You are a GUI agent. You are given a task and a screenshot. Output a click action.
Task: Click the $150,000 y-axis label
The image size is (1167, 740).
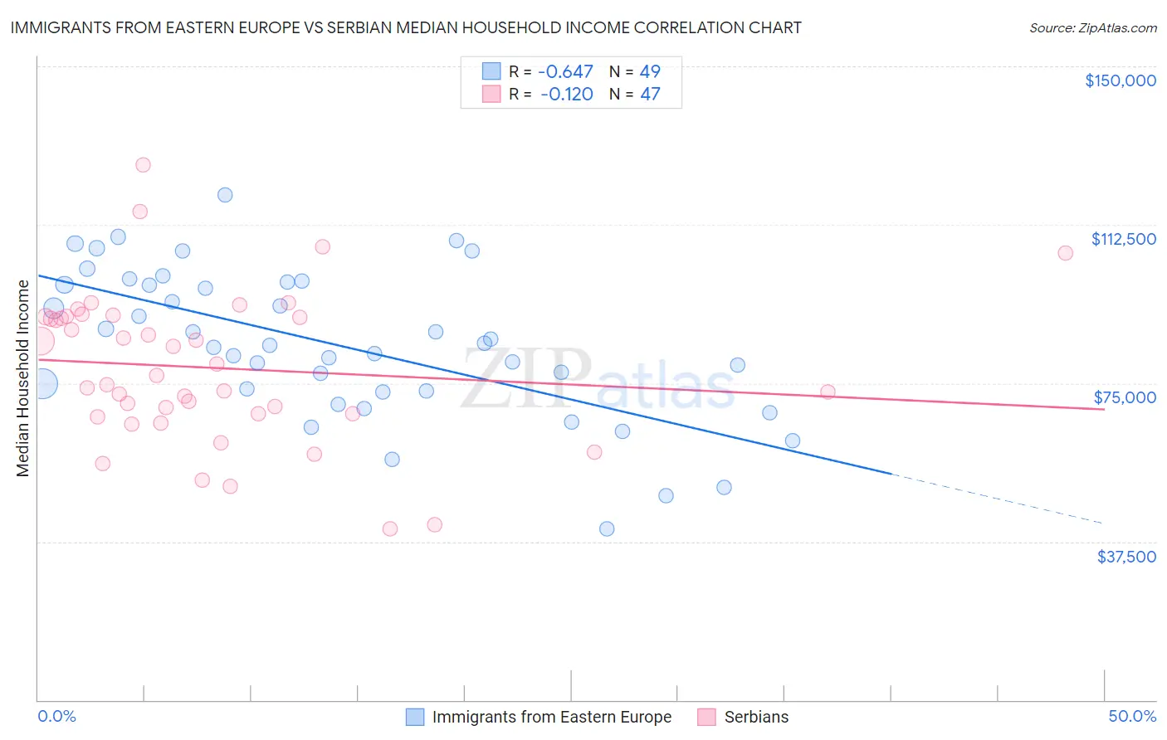pos(1120,80)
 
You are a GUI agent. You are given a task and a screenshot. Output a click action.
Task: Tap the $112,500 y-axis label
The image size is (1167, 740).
pos(1123,239)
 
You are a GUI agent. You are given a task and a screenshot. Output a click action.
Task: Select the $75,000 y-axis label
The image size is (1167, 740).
pos(1125,397)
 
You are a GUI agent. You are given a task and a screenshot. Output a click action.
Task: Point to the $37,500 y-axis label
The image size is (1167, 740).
pos(1126,557)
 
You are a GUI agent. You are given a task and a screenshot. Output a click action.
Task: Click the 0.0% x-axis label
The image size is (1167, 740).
pos(56,717)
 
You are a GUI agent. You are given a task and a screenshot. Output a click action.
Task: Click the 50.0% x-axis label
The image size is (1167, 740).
pos(1132,717)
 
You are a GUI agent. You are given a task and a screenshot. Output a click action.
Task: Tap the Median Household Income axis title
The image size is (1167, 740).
pos(23,378)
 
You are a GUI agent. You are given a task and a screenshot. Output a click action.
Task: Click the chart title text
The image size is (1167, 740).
pos(406,27)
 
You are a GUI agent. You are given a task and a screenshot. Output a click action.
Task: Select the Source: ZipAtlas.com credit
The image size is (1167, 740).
pos(1092,28)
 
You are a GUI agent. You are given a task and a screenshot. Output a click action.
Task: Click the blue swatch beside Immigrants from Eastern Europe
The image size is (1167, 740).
pos(415,717)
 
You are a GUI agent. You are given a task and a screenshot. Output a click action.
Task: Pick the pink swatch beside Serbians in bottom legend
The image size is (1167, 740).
pos(706,717)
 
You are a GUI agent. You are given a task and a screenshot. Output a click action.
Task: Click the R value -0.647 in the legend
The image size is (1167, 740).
pos(566,72)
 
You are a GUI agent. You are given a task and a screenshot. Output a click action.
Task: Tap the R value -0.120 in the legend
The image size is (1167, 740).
pos(566,95)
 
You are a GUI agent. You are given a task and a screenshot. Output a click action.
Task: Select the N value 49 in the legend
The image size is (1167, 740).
pos(650,72)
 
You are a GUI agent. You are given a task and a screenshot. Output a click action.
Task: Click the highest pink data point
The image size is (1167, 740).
pos(143,165)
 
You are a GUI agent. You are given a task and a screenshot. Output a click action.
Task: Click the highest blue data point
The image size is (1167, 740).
pos(225,195)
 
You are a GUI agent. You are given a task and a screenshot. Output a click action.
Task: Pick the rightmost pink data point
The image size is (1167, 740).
pos(1065,253)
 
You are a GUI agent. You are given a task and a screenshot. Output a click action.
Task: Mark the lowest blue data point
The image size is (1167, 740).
pos(607,529)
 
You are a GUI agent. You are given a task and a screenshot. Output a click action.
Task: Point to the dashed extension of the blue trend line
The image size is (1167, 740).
pos(996,498)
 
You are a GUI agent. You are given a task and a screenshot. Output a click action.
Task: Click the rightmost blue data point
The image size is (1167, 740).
pos(793,441)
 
